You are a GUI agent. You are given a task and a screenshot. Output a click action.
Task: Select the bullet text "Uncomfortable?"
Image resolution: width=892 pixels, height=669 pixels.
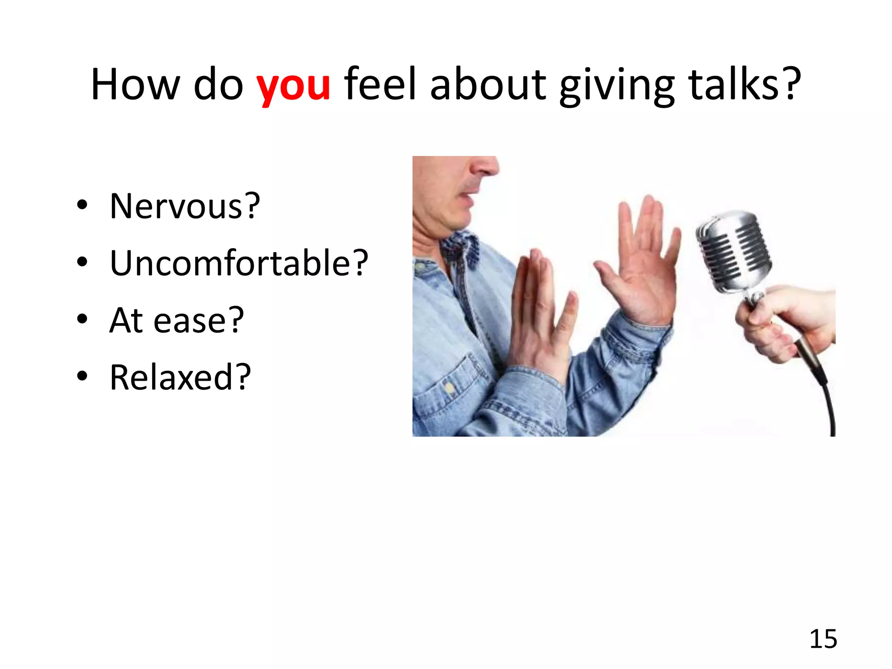pos(239,263)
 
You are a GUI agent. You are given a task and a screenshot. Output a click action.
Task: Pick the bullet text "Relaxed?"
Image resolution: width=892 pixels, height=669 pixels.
pos(180,377)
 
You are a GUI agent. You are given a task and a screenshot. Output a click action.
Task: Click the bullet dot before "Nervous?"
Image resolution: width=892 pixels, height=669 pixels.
pos(82,205)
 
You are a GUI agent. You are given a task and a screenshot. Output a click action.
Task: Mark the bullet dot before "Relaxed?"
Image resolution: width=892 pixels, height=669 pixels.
pos(82,376)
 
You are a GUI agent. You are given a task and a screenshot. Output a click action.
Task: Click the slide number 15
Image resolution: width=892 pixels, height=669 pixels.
pos(823,639)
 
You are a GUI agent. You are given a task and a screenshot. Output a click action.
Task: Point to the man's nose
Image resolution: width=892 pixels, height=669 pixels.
pos(483,166)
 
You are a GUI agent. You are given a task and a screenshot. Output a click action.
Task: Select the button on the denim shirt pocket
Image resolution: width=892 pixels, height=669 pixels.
pos(449,387)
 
